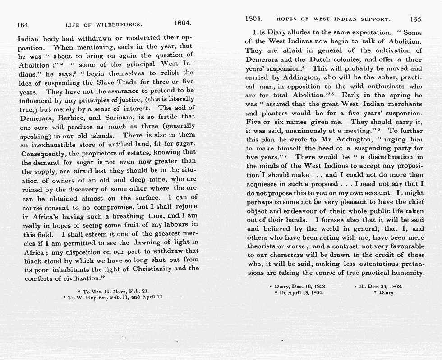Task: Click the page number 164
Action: (23, 25)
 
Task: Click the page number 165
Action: (415, 19)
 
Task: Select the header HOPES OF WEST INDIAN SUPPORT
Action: (333, 19)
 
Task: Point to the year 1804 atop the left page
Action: (183, 23)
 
